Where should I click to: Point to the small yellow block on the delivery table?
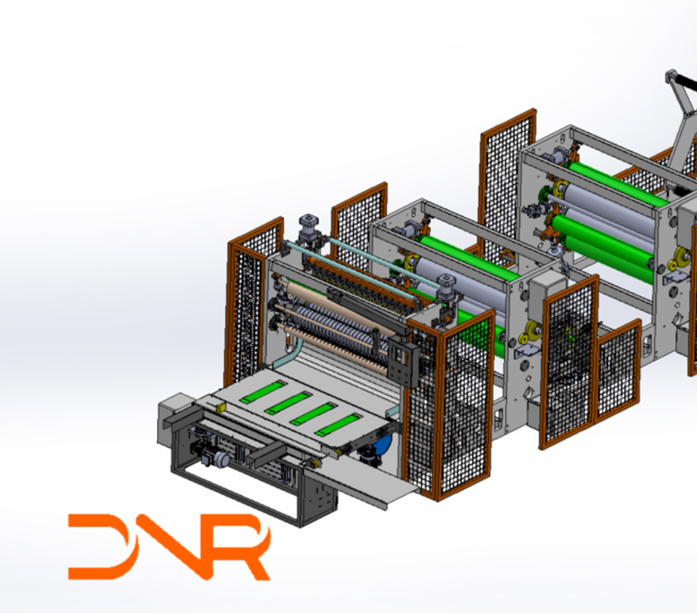coord(221,407)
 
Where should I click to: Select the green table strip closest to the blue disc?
coord(338,424)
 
